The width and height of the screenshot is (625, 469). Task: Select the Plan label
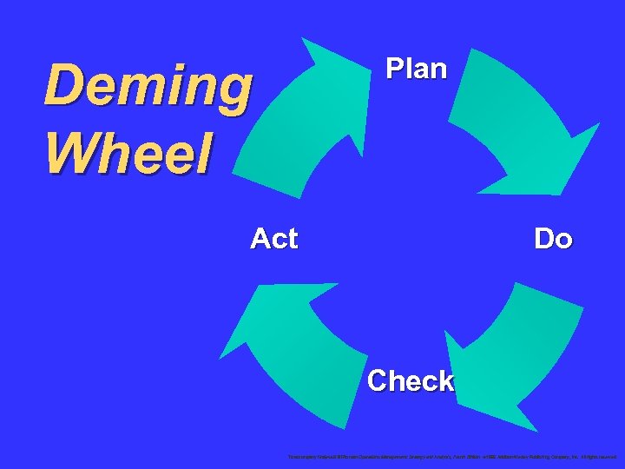point(416,69)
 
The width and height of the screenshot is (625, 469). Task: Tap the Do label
point(553,238)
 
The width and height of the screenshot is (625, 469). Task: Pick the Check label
point(410,380)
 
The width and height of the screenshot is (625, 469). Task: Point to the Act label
point(273,238)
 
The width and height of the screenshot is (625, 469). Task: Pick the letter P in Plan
point(394,69)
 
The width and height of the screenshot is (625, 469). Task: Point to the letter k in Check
point(444,380)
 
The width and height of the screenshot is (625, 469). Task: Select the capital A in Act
point(260,238)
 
